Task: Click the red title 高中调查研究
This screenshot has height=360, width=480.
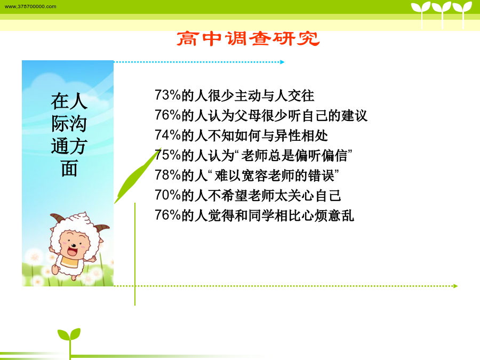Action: click(248, 39)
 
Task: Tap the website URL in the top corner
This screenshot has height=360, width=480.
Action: click(30, 6)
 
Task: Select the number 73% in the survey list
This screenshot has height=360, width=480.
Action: click(168, 95)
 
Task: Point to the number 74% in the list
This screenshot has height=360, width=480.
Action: click(168, 135)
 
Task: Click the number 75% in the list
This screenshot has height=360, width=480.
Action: click(168, 155)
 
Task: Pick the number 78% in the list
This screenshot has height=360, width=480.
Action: click(168, 175)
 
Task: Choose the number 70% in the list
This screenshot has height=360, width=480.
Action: click(168, 195)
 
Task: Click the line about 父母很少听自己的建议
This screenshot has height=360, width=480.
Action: click(261, 115)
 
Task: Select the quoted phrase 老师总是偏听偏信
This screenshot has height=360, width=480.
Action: click(294, 156)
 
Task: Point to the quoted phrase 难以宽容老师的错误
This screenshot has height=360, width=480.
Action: click(274, 175)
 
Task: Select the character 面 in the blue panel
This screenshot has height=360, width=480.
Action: click(69, 169)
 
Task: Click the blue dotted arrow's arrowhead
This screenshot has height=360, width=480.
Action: click(282, 62)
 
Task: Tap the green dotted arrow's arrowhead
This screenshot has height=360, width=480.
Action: click(455, 286)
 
